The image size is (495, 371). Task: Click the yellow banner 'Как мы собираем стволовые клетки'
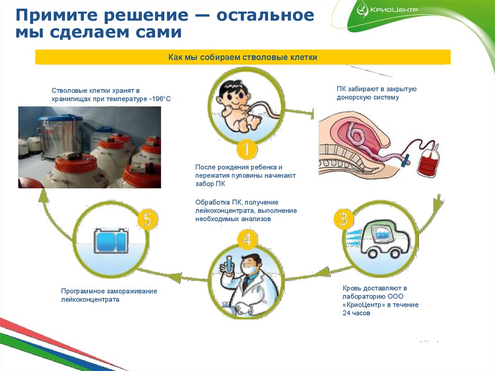tap(243, 58)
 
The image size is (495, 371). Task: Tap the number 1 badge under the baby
tap(246, 150)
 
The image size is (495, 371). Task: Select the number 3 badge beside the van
tap(343, 219)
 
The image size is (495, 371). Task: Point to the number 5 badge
tap(147, 220)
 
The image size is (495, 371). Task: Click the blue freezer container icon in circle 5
tap(111, 241)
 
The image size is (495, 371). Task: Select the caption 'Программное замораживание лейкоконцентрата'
tap(109, 295)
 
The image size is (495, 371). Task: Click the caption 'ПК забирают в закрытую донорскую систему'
tap(377, 93)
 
